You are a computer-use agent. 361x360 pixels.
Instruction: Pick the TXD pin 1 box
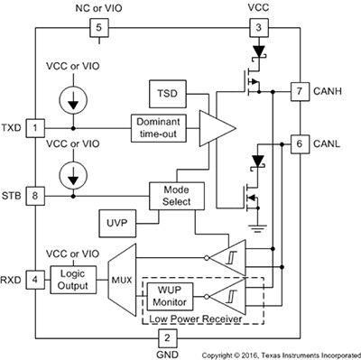(35, 129)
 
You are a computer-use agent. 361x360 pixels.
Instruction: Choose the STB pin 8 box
(35, 194)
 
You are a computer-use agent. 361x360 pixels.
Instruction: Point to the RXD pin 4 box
(35, 279)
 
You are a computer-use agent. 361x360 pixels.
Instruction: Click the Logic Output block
(76, 279)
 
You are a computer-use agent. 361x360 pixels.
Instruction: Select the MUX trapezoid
(120, 279)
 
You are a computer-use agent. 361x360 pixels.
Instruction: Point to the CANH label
(327, 91)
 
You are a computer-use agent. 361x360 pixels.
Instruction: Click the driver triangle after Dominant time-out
(210, 130)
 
